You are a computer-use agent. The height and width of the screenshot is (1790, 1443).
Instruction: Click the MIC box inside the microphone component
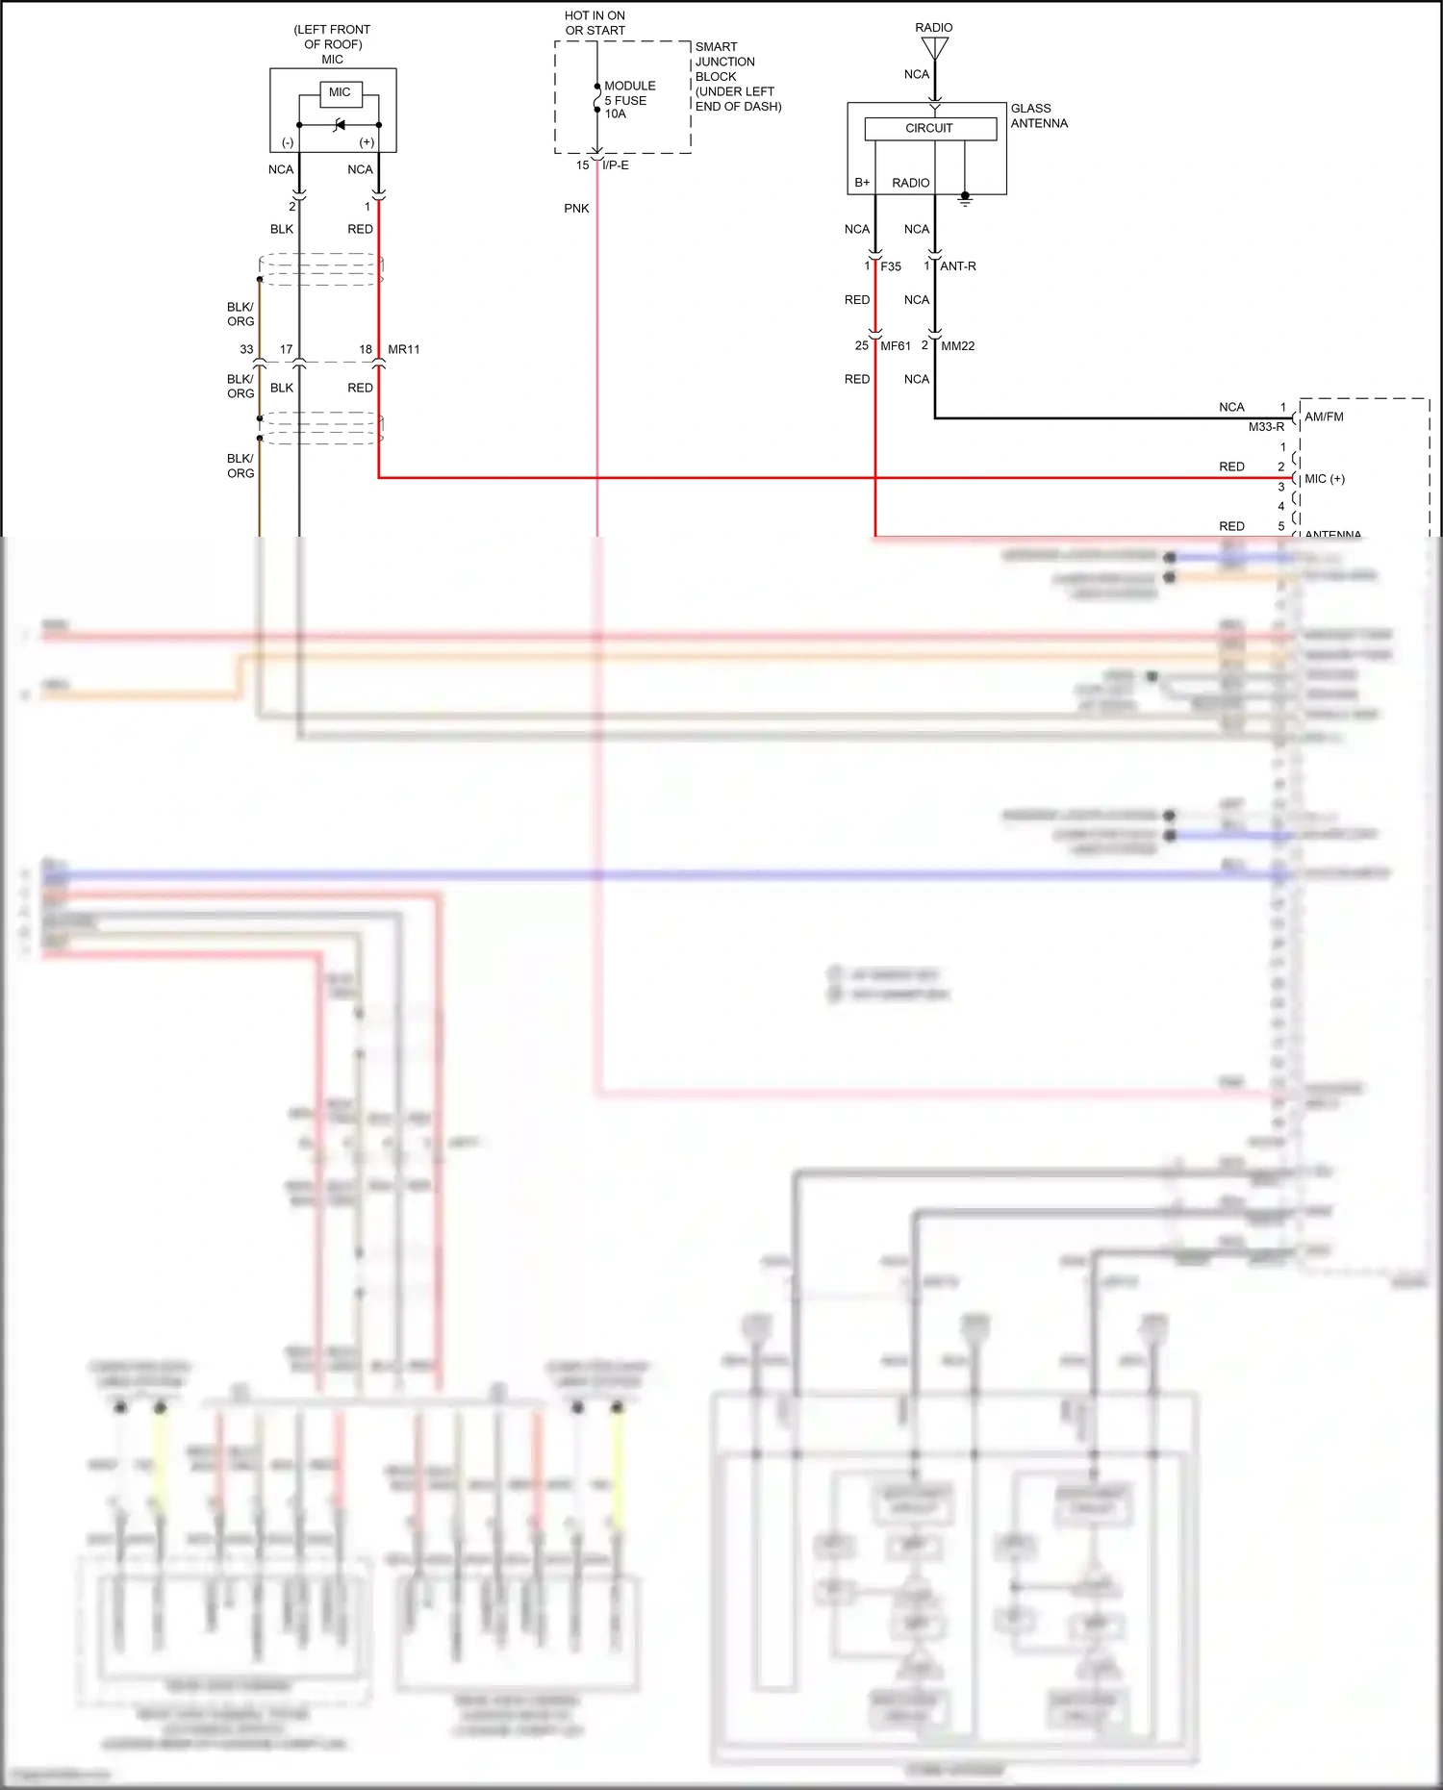coord(340,93)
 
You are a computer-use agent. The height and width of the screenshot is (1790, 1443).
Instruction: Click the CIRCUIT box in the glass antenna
coord(929,128)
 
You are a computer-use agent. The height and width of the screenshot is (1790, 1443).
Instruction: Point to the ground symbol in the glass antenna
coord(965,199)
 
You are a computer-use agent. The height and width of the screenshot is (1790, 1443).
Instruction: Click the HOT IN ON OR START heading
coord(595,23)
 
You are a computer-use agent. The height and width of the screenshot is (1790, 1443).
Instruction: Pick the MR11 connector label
coord(404,349)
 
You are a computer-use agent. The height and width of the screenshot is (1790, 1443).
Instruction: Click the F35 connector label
coord(891,266)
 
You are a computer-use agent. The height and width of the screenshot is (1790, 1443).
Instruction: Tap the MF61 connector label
coord(896,345)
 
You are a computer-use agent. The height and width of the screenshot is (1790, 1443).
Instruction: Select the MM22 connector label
coord(957,345)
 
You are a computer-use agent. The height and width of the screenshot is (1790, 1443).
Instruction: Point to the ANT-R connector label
coord(958,266)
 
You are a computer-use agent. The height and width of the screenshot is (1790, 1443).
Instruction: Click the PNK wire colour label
coord(576,208)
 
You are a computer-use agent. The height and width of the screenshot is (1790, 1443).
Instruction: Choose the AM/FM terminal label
coord(1324,416)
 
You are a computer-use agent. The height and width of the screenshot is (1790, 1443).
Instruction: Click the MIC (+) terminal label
coord(1325,478)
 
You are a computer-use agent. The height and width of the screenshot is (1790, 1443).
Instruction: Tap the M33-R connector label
coord(1266,426)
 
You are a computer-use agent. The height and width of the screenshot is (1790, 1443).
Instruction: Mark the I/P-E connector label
coord(616,165)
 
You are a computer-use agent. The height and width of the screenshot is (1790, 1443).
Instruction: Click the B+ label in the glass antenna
coord(862,183)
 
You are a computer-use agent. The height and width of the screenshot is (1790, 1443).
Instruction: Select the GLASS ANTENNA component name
coord(1039,115)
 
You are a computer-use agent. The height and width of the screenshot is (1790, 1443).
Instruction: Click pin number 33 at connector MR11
coord(246,349)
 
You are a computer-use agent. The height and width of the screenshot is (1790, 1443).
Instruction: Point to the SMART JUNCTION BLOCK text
coord(725,62)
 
